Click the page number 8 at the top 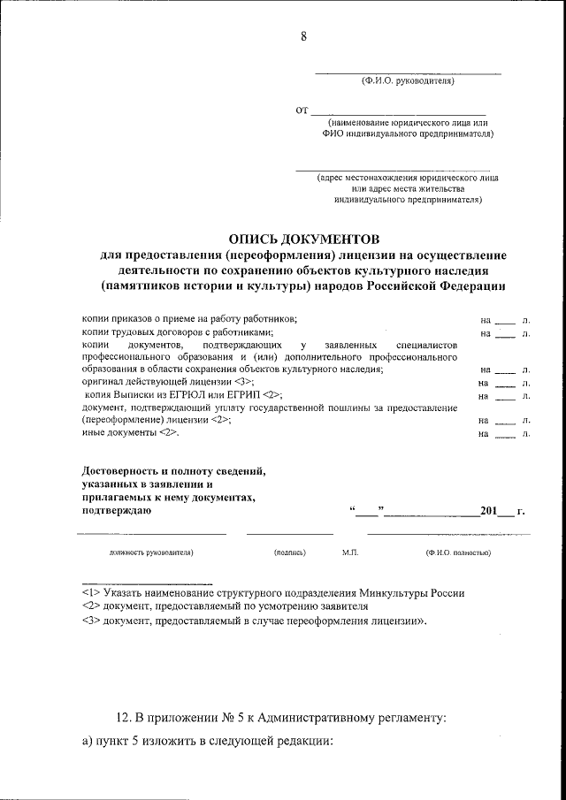303,36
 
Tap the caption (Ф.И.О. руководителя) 407,81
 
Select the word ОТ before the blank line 302,110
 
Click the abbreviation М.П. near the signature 349,552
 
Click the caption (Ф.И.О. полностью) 458,552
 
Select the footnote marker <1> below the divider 89,593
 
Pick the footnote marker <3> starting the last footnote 89,621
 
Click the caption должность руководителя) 151,552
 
